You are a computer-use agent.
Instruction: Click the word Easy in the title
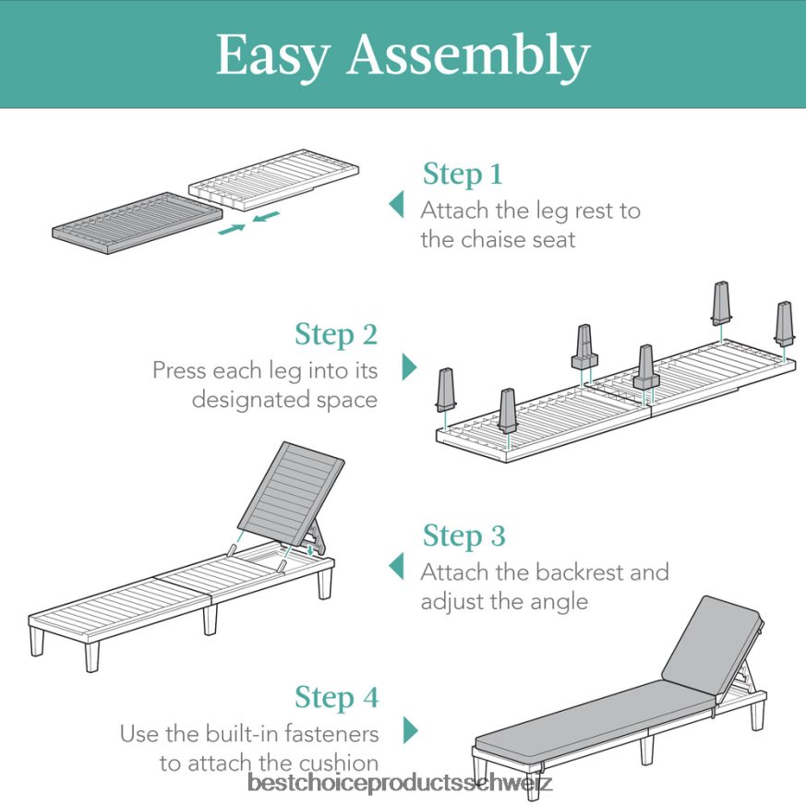click(273, 55)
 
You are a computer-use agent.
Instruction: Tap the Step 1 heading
click(463, 174)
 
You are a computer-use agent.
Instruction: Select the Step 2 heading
click(336, 334)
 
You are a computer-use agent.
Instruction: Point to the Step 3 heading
click(463, 535)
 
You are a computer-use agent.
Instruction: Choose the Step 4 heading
click(336, 697)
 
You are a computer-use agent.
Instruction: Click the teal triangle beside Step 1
click(397, 204)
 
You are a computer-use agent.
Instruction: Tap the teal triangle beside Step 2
click(410, 367)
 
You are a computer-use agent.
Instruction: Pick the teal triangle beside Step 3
click(397, 566)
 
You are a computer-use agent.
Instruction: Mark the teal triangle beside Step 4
click(410, 730)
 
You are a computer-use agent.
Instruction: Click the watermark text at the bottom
click(401, 784)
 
